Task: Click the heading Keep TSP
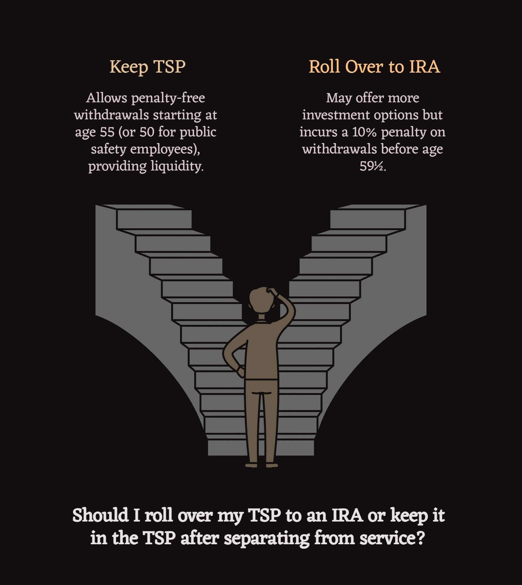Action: click(147, 67)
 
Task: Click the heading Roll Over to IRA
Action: click(374, 67)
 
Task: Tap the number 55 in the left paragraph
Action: click(107, 132)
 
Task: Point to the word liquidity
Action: click(177, 166)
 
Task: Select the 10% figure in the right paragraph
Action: click(364, 132)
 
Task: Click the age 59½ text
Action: click(372, 166)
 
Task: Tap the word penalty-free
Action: click(168, 98)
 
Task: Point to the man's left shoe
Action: click(252, 465)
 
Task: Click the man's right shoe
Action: click(272, 465)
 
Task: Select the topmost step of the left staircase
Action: click(154, 219)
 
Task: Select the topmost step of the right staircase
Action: click(368, 219)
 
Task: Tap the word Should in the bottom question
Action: click(100, 516)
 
